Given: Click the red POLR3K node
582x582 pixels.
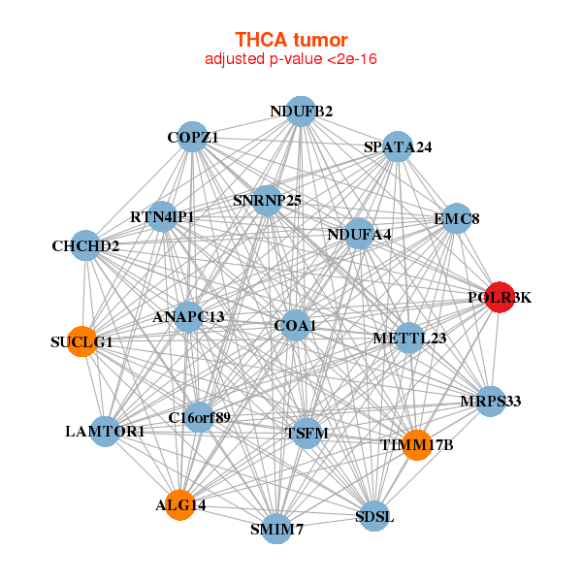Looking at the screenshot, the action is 500,298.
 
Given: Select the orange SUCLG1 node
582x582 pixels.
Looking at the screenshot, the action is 82,341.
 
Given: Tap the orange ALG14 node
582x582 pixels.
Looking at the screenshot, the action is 179,504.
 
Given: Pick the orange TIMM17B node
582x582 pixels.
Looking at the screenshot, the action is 416,444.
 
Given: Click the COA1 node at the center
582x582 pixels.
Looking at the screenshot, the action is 296,325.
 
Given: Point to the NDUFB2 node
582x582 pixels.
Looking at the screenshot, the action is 301,112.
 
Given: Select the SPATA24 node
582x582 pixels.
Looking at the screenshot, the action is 398,147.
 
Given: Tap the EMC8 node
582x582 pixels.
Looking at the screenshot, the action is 457,219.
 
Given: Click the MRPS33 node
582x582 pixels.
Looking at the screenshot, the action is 491,401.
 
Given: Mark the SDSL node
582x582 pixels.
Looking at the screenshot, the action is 374,516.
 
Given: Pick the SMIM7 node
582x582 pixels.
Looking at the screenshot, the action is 276,529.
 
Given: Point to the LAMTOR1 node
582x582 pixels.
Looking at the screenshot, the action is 105,430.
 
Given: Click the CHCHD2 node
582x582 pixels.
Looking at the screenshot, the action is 86,246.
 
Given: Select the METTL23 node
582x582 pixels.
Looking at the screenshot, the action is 409,339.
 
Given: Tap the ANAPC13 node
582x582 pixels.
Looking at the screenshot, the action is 188,317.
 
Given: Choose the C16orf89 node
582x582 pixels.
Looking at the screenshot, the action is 199,418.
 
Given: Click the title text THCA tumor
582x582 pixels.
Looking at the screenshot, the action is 291,40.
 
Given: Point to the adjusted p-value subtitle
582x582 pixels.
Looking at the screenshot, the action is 291,59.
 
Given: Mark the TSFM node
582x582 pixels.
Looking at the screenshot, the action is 306,433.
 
